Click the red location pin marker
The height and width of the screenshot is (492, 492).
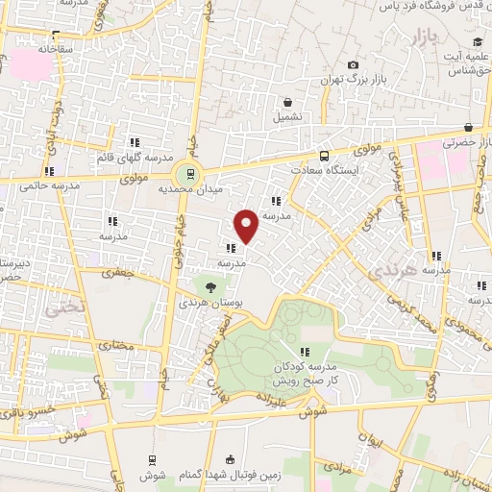(x=247, y=226)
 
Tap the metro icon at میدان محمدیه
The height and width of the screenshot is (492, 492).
(x=189, y=174)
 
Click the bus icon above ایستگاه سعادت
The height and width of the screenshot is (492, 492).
(x=324, y=156)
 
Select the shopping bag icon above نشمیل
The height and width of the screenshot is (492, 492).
(x=287, y=102)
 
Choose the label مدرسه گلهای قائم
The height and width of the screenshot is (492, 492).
(x=134, y=157)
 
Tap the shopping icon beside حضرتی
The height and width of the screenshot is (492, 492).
(x=468, y=127)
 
